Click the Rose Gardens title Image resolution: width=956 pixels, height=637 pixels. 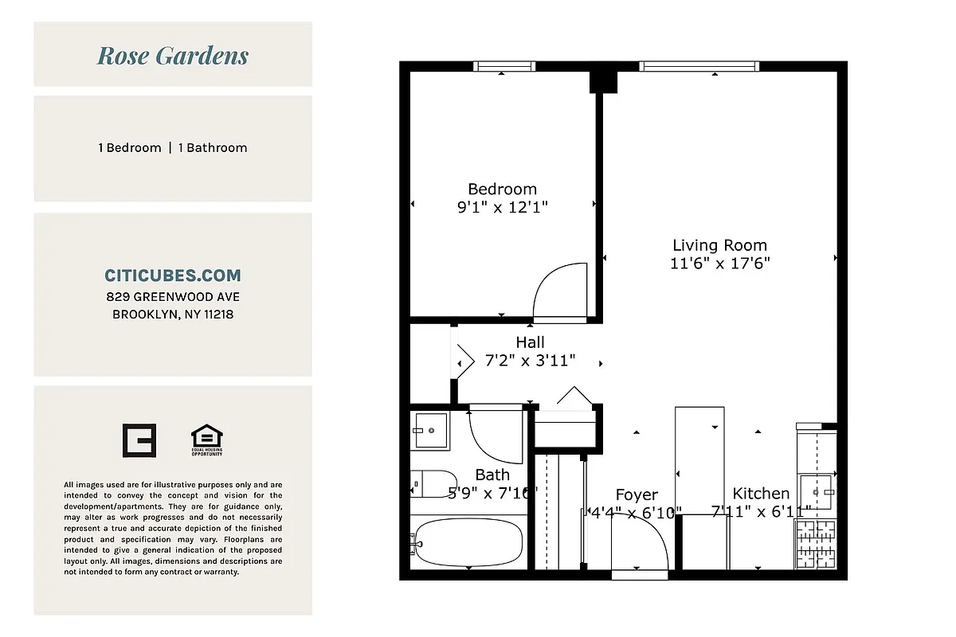click(173, 56)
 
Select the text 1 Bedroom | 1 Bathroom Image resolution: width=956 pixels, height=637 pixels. click(173, 147)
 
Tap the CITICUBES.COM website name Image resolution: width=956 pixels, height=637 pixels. click(173, 276)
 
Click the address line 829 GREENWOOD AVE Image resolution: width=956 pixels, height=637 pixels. click(173, 296)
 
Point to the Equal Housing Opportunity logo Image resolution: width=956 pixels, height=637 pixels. click(207, 440)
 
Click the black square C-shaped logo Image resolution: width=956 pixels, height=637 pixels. click(139, 440)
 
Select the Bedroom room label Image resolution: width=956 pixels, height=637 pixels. click(502, 189)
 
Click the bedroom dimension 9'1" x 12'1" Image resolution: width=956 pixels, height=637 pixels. click(502, 207)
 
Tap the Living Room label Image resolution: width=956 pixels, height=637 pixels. click(719, 245)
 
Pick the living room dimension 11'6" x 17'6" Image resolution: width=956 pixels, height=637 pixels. click(719, 264)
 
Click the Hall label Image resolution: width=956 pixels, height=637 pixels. click(530, 342)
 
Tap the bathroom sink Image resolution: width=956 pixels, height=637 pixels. click(430, 430)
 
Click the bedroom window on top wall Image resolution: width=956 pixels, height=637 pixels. click(503, 67)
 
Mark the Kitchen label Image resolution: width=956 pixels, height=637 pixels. click(761, 494)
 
